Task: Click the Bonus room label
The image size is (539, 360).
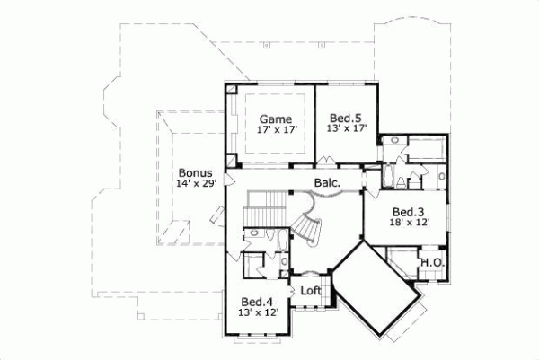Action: click(x=195, y=172)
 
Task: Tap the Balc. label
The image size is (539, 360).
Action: click(x=326, y=184)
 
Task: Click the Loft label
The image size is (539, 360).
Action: click(x=311, y=290)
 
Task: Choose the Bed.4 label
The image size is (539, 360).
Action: click(x=257, y=301)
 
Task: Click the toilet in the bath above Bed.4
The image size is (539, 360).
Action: click(x=269, y=235)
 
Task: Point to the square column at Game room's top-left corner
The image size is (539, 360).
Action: click(x=231, y=91)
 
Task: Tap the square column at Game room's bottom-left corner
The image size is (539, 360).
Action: click(x=231, y=162)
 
